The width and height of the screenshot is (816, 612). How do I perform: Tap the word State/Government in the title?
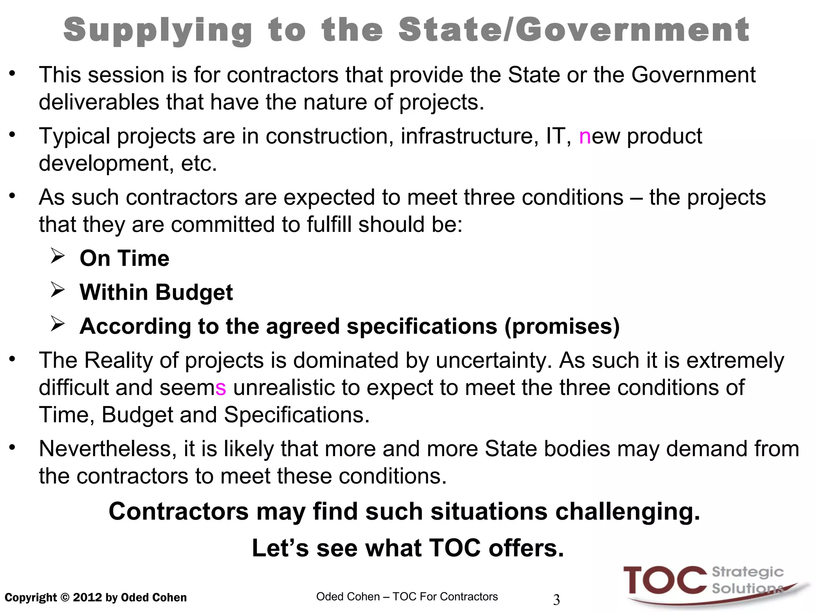574,30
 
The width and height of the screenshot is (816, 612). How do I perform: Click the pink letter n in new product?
585,137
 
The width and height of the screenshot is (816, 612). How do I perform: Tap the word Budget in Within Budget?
194,292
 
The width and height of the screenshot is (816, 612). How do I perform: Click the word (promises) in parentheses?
562,327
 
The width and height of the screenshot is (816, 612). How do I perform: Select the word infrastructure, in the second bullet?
467,137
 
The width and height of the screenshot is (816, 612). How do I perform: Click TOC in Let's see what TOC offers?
455,548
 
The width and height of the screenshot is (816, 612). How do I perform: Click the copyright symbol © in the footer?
65,598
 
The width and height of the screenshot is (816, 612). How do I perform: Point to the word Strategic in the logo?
747,572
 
